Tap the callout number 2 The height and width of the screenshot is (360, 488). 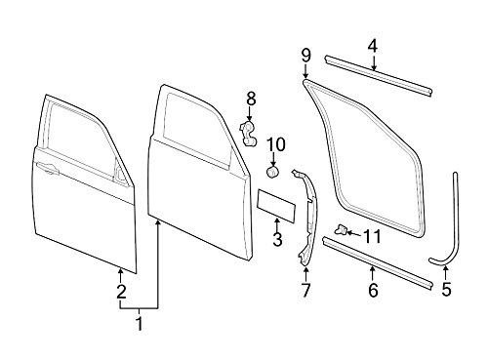point(121,292)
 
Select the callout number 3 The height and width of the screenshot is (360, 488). point(277,239)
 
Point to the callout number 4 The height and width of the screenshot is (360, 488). point(373,47)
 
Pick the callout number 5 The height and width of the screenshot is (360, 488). point(447,289)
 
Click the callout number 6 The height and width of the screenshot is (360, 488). point(373,290)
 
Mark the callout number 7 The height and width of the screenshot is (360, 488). point(305,290)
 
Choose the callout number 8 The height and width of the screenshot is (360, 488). point(251,100)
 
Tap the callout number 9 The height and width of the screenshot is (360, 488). point(305,55)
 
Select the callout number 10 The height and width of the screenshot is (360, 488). point(276,144)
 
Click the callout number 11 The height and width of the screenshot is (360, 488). point(372,237)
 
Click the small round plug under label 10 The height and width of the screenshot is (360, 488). point(272,172)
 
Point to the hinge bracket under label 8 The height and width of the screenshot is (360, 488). point(248,134)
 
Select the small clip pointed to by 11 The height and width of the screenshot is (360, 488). point(341,230)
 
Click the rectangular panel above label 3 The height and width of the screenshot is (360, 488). point(276,206)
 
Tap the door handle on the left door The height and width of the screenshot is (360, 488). point(48,168)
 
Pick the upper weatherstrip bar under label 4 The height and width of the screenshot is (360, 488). point(379,75)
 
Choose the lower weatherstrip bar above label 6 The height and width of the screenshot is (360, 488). point(378,262)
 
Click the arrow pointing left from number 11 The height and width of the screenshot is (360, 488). point(353,233)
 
